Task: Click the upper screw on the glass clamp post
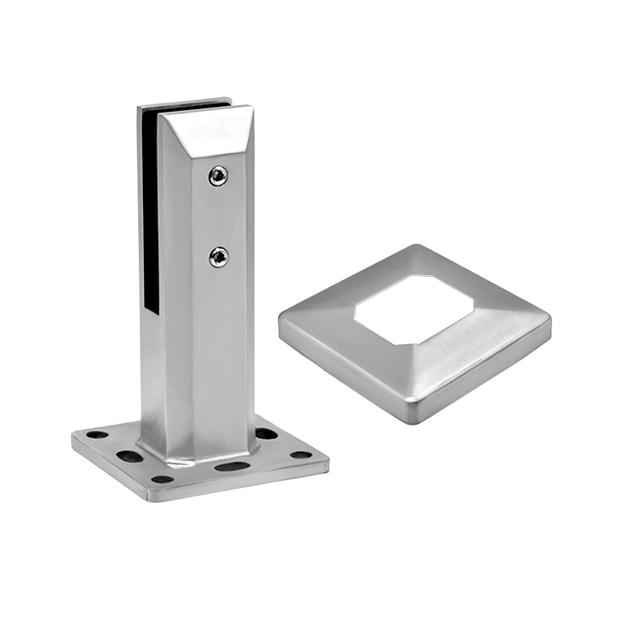pos(219,176)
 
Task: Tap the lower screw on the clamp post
pos(219,257)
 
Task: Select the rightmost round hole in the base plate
pos(301,454)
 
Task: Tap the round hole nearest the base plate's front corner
pos(163,478)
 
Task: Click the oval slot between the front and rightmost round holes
pos(231,466)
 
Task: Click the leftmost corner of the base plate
pos(74,439)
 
